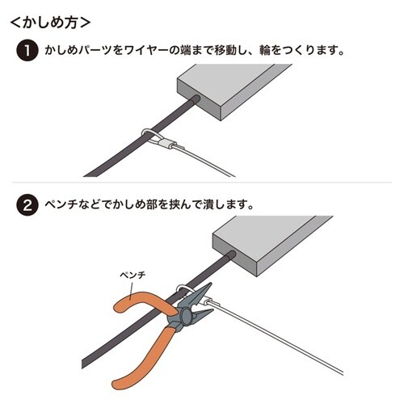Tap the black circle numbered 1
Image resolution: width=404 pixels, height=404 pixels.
[x=26, y=52]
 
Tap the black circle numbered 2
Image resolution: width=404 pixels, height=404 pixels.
[x=26, y=205]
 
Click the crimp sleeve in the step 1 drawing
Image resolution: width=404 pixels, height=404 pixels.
[x=163, y=145]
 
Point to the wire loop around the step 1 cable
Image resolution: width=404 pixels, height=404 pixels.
[x=146, y=134]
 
